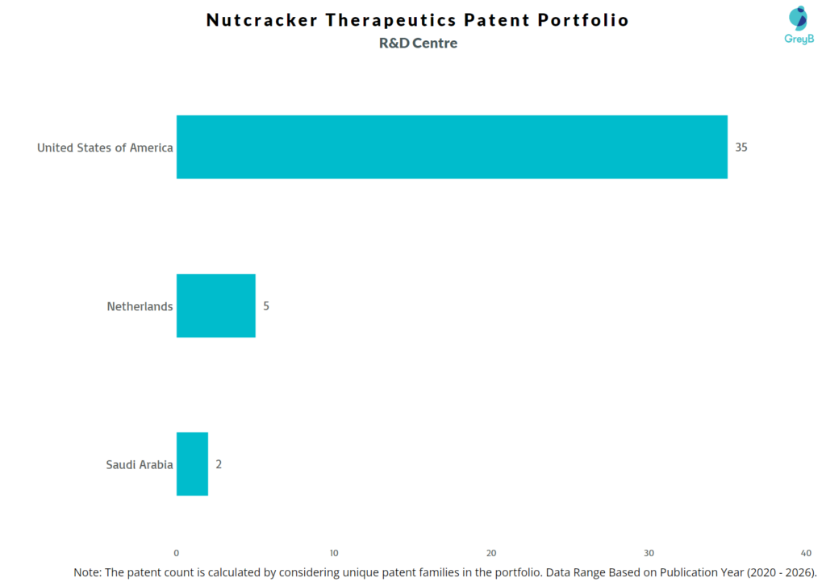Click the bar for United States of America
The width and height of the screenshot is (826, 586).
click(x=452, y=147)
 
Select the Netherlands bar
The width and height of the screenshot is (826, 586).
click(x=215, y=305)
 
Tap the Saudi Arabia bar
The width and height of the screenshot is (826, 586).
click(x=192, y=463)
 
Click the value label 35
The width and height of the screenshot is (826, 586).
click(x=741, y=148)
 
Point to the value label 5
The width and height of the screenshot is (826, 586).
click(x=266, y=306)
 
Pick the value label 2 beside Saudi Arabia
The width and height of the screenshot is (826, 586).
click(x=219, y=464)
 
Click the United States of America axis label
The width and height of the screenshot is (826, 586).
click(x=105, y=148)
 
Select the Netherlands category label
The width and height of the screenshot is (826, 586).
click(x=140, y=306)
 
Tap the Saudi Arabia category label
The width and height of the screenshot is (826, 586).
click(x=139, y=464)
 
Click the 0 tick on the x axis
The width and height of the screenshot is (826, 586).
click(x=177, y=553)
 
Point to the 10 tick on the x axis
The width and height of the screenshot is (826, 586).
click(x=334, y=553)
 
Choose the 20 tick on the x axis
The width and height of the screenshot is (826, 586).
click(x=491, y=553)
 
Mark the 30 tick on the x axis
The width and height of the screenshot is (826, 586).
click(x=649, y=553)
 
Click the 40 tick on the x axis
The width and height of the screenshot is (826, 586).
click(x=806, y=553)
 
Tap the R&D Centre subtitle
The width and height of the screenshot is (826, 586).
click(x=418, y=44)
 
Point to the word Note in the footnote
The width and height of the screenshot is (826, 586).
click(x=86, y=571)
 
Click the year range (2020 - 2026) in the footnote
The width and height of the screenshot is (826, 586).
click(x=771, y=571)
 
